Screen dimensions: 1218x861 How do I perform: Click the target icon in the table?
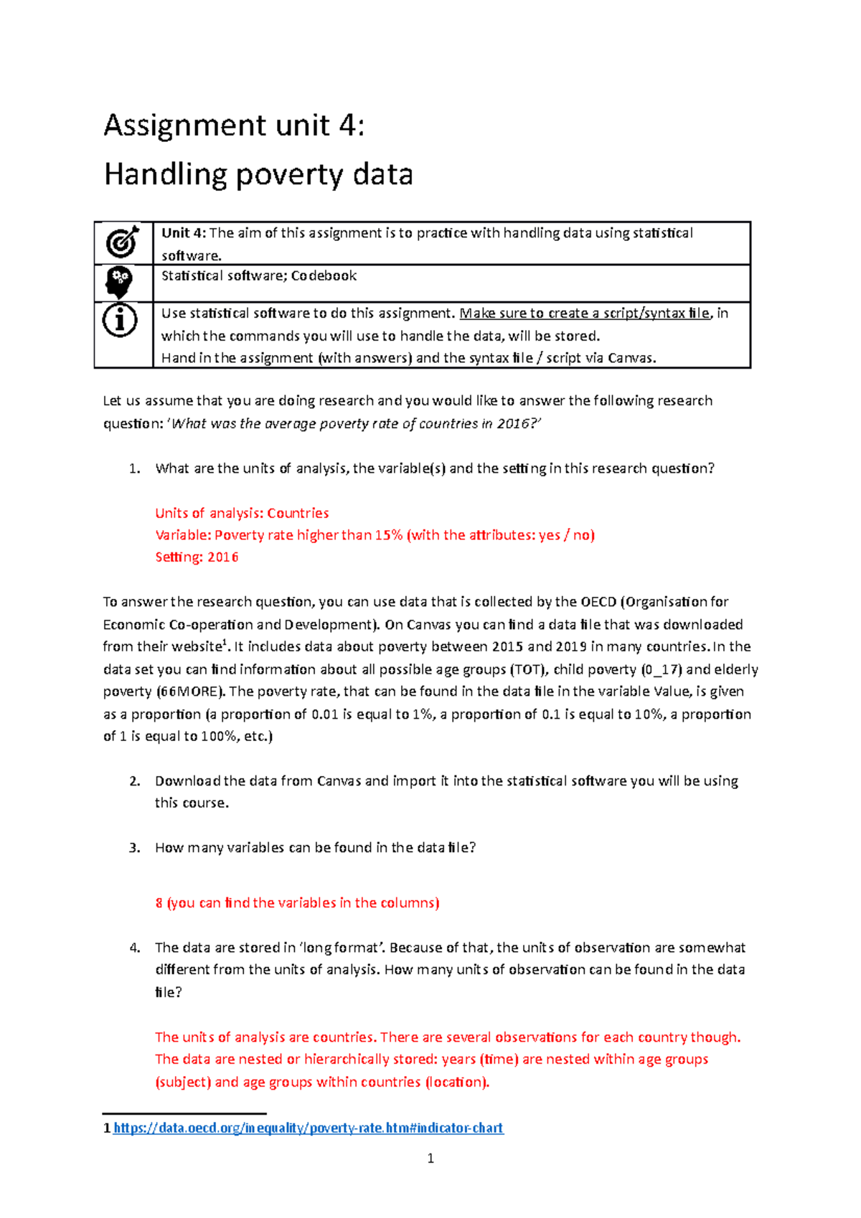click(123, 242)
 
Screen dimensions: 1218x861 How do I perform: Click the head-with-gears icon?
click(119, 283)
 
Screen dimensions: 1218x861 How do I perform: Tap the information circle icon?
click(120, 321)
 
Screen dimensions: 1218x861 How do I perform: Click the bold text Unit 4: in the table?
click(184, 233)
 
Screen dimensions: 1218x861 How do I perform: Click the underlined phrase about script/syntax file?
click(585, 313)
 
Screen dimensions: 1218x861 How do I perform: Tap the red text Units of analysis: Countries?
click(242, 513)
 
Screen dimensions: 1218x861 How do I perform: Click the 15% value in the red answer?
click(388, 535)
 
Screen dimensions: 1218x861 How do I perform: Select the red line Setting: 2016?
click(197, 557)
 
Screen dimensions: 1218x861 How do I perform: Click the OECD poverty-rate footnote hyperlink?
click(309, 1128)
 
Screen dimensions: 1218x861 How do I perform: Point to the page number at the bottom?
click(430, 1158)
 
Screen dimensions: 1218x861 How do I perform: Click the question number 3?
click(134, 848)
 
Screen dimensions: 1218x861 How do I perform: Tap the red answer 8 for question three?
click(159, 903)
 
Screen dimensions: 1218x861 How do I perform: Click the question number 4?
click(134, 948)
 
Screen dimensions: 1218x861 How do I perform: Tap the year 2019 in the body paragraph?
click(571, 647)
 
